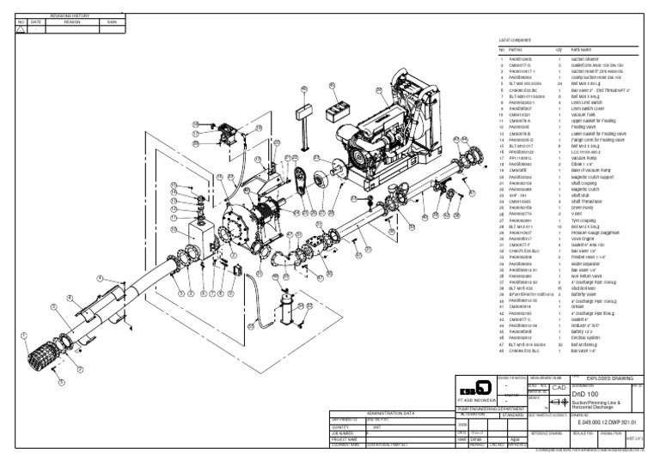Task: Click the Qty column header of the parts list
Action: (x=559, y=49)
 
